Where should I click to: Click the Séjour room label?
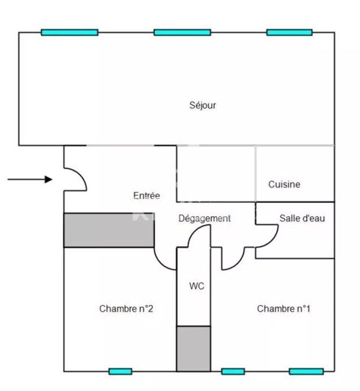(203, 105)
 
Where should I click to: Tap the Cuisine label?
(284, 184)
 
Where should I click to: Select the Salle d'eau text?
(302, 218)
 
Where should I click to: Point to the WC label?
(197, 286)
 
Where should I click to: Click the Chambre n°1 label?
(284, 309)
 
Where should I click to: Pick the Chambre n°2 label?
(126, 309)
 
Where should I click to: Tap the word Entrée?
(147, 195)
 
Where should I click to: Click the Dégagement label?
(204, 218)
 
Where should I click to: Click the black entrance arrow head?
(48, 179)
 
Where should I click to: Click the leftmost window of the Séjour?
(70, 32)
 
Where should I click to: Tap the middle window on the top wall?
(182, 32)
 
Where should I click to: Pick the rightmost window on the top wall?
(289, 32)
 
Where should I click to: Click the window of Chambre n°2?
(120, 372)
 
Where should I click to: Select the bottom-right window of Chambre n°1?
(306, 372)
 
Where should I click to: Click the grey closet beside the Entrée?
(109, 230)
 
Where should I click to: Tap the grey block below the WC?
(193, 348)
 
